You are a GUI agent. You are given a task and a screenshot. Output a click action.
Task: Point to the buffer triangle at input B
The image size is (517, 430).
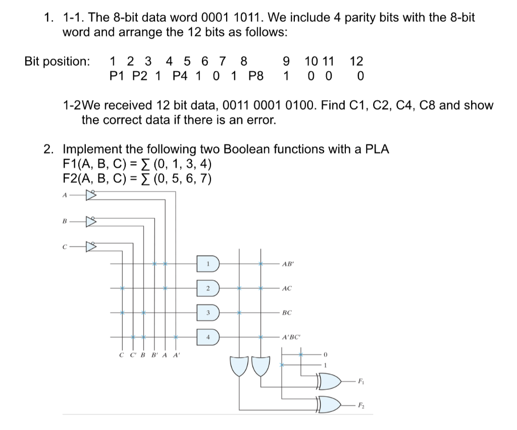click(x=91, y=221)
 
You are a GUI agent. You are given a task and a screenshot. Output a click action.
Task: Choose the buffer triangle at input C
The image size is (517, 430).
click(x=91, y=247)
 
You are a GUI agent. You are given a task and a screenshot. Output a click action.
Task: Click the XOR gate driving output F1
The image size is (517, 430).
click(x=329, y=382)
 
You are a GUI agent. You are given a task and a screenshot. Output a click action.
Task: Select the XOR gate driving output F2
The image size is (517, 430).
click(x=329, y=404)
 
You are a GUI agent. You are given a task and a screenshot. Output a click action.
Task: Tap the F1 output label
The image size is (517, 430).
click(x=361, y=382)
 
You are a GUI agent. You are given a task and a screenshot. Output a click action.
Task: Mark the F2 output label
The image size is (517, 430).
click(x=361, y=405)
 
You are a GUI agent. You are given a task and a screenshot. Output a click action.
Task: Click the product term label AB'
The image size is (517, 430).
click(x=289, y=264)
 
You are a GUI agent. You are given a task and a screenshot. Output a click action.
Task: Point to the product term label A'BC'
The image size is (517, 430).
click(x=291, y=337)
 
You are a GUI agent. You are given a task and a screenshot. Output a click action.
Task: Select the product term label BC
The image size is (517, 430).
click(x=287, y=313)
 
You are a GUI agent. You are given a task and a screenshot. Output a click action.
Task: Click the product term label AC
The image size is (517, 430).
click(x=287, y=288)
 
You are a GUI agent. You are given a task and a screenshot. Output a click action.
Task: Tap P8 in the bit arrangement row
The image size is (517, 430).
click(x=256, y=77)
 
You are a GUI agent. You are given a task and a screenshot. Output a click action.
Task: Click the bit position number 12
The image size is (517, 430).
click(x=356, y=62)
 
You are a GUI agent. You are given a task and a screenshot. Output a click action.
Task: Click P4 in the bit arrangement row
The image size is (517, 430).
click(x=180, y=77)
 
